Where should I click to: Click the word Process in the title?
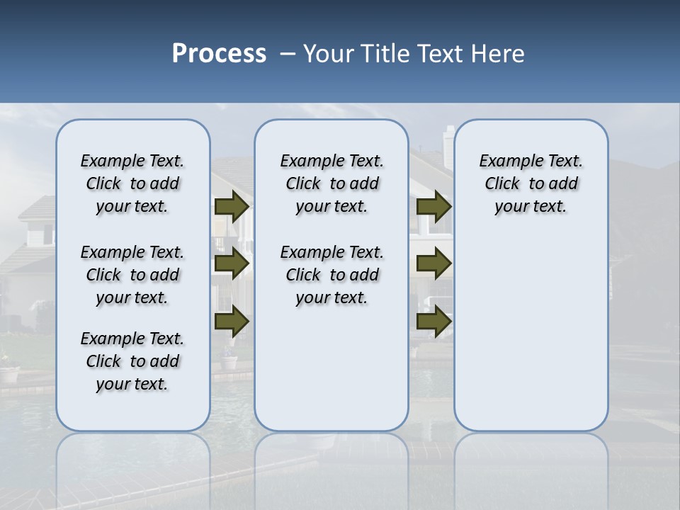point(219,54)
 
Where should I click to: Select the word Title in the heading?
point(386,54)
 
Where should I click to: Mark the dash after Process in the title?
point(287,55)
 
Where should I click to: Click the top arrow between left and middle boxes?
point(232,207)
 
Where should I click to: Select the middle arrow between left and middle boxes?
point(232,263)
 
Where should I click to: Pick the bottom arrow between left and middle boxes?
point(232,322)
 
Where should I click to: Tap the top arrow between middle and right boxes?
point(434,207)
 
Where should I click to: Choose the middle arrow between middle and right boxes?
point(434,263)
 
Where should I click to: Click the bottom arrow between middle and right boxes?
point(434,322)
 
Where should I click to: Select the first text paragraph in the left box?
point(132,183)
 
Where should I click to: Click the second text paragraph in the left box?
point(132,275)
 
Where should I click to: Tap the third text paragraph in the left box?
point(132,361)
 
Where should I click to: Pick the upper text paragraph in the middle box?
point(331,183)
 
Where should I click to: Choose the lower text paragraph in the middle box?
point(331,275)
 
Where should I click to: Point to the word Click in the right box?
point(502,184)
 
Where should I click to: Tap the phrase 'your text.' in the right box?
point(531,207)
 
